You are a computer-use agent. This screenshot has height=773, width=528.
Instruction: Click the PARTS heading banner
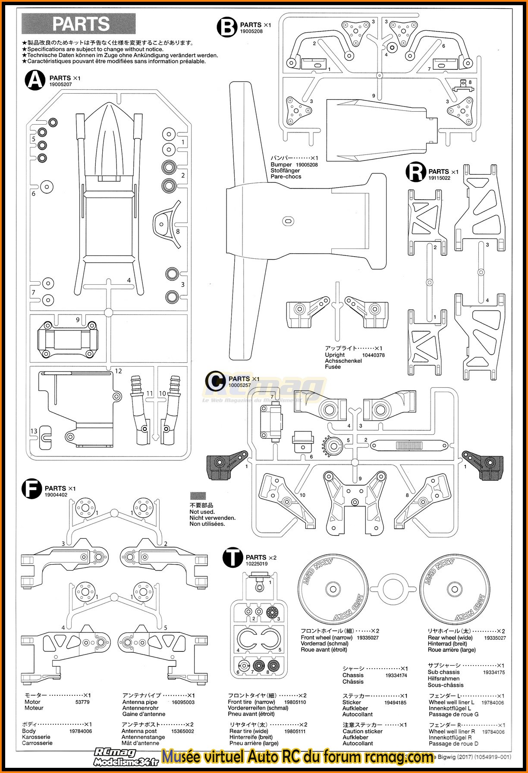coord(79,24)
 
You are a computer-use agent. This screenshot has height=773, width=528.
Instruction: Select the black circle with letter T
coord(233,558)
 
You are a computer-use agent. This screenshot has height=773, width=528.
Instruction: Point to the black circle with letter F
coord(31,489)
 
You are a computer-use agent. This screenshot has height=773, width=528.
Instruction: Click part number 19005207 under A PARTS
coord(60,85)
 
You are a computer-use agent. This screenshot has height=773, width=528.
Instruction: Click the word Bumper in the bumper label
coord(281,164)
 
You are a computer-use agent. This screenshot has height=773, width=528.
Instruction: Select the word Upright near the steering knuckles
coord(335,355)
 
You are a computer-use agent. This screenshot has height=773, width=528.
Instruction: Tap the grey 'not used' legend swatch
coord(198,496)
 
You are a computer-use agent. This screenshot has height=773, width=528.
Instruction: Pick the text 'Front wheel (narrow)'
coord(327,638)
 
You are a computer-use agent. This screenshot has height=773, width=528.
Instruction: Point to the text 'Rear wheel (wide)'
coord(450,638)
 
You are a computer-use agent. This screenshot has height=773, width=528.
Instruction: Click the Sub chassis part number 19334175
coord(493,672)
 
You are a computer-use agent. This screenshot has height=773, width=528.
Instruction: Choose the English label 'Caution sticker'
coord(362,731)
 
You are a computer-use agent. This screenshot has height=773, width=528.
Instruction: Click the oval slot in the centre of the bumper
coord(288,221)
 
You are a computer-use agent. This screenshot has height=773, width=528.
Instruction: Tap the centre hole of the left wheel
coord(332,589)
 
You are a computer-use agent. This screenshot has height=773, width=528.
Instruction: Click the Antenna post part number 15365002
coord(182,731)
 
